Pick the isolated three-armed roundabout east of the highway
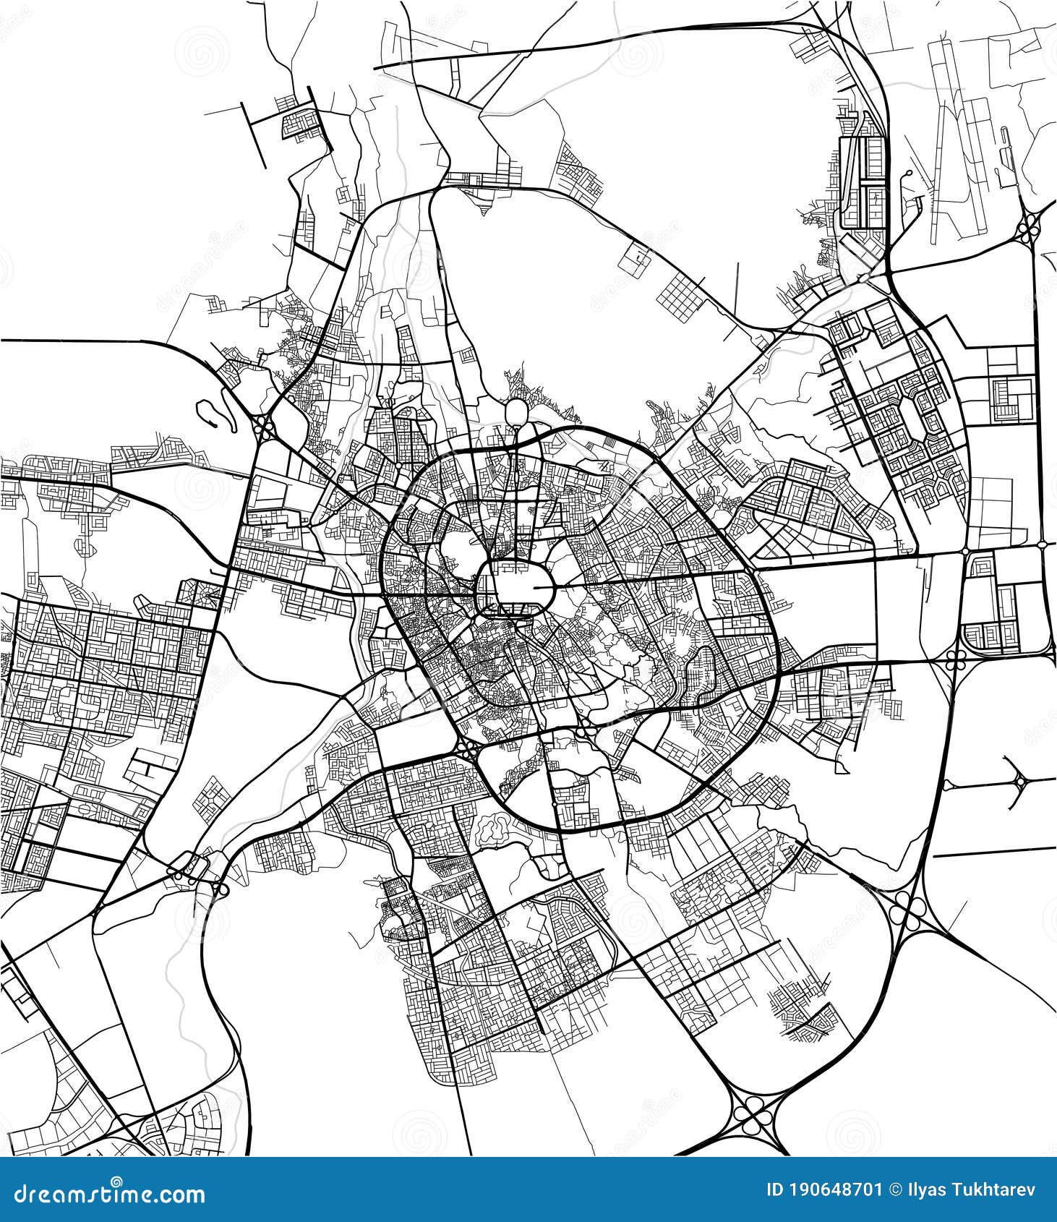(1020, 782)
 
